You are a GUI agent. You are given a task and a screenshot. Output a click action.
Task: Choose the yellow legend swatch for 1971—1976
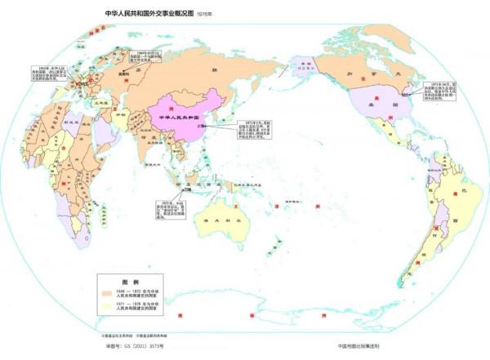108,307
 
